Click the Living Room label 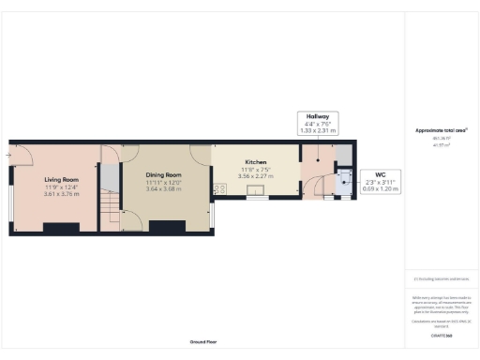(x=61, y=179)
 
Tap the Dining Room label (x=163, y=175)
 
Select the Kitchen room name (x=256, y=161)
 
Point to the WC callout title (x=381, y=173)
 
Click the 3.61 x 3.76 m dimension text (x=61, y=194)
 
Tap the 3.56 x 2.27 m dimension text (x=256, y=175)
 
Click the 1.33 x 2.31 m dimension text (x=316, y=130)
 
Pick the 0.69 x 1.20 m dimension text (x=381, y=188)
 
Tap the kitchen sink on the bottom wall (x=255, y=196)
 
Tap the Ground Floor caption (x=203, y=342)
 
